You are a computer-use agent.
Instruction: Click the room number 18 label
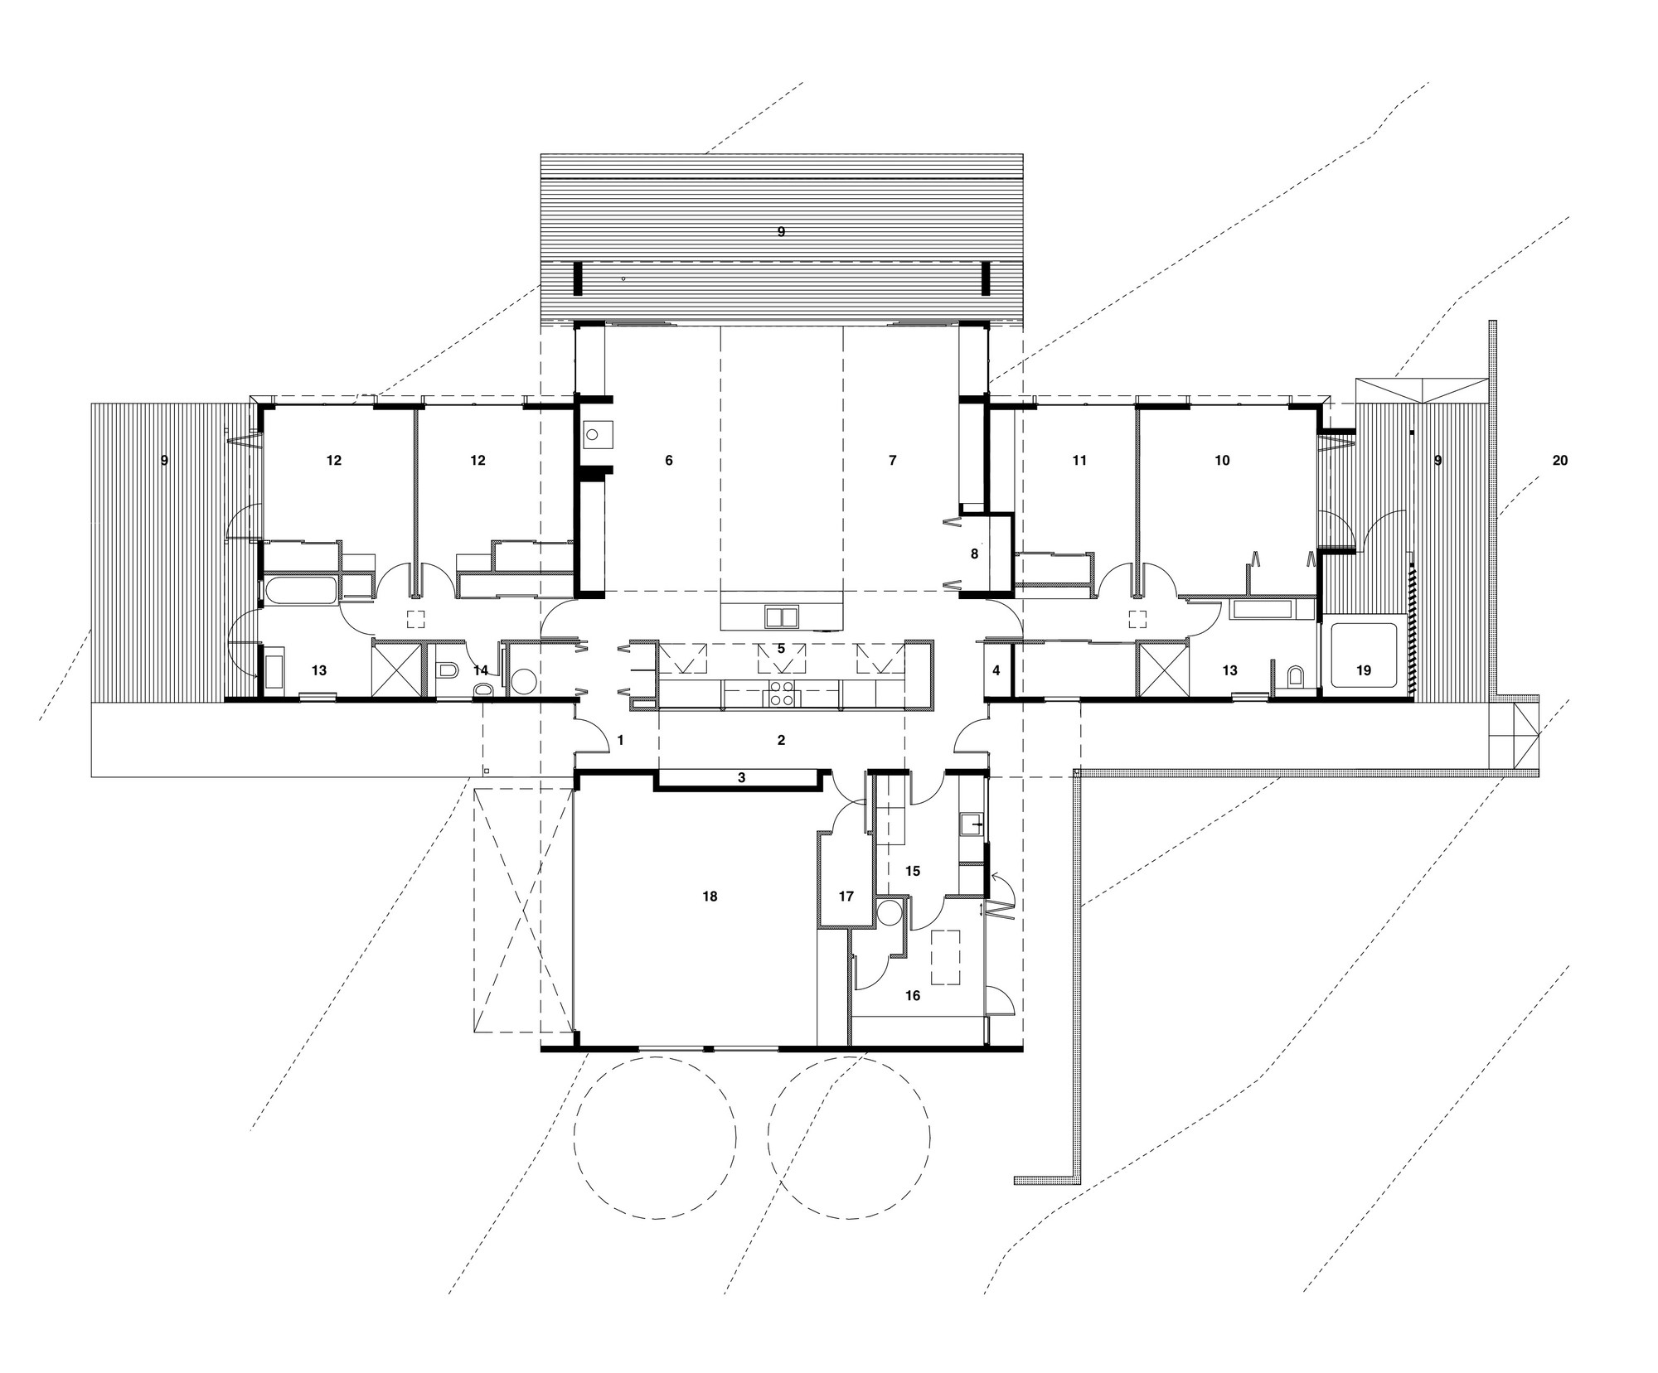(x=710, y=897)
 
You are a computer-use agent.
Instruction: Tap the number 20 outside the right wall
(x=1559, y=460)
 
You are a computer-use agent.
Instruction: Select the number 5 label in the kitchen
(x=781, y=648)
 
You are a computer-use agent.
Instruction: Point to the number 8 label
(x=974, y=554)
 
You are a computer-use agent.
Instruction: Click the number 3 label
(x=742, y=778)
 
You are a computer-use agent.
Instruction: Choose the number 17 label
(x=846, y=897)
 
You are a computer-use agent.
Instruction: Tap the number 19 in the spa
(x=1364, y=671)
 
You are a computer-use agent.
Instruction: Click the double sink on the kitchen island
(x=782, y=616)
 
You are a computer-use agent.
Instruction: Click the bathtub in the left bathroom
(x=300, y=592)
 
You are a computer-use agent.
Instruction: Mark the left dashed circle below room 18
(x=655, y=1137)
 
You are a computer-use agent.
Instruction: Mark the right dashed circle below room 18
(x=850, y=1137)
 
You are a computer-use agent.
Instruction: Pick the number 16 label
(x=912, y=996)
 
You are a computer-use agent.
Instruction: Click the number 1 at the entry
(x=620, y=741)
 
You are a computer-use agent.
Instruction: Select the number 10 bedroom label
(x=1222, y=460)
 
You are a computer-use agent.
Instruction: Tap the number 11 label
(x=1079, y=460)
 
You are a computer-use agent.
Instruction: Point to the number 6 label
(x=669, y=460)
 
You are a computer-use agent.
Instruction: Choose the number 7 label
(x=892, y=460)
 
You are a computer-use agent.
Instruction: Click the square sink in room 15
(x=971, y=825)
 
